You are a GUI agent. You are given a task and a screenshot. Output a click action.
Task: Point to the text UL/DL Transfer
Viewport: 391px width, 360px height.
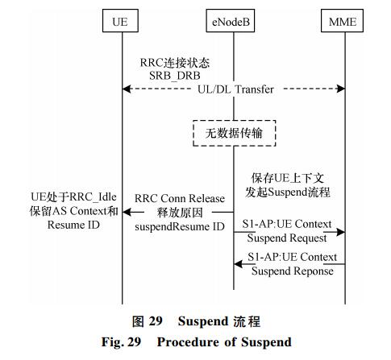point(235,89)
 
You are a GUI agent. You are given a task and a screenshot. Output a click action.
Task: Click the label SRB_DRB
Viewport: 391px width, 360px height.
point(175,76)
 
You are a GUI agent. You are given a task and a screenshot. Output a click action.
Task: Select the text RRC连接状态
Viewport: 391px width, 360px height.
point(175,63)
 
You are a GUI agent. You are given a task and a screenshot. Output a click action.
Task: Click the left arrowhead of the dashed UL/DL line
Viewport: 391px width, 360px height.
point(127,89)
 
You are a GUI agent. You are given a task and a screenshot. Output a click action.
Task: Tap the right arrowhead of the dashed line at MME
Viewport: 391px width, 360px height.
point(341,89)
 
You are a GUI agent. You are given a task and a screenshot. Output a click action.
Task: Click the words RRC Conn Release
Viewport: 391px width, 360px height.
point(180,199)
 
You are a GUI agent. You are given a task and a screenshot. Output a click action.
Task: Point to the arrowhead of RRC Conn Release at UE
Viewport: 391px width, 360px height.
point(127,212)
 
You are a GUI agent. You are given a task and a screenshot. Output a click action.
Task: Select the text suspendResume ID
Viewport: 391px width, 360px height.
point(180,226)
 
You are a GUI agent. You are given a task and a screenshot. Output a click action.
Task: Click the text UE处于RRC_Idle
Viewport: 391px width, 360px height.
point(73,197)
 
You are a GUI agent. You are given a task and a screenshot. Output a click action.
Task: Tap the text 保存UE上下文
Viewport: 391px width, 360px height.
point(288,178)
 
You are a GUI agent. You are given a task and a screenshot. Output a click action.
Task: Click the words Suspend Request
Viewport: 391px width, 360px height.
point(287,238)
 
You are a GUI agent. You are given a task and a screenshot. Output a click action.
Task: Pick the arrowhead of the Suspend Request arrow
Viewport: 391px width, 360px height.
point(341,232)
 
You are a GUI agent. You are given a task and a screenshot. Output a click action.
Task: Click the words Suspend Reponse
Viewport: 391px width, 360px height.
point(293,271)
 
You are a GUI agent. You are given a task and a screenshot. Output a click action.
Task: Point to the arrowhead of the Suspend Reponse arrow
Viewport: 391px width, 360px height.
point(238,264)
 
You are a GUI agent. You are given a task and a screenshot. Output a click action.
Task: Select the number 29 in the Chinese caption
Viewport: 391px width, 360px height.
point(156,321)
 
